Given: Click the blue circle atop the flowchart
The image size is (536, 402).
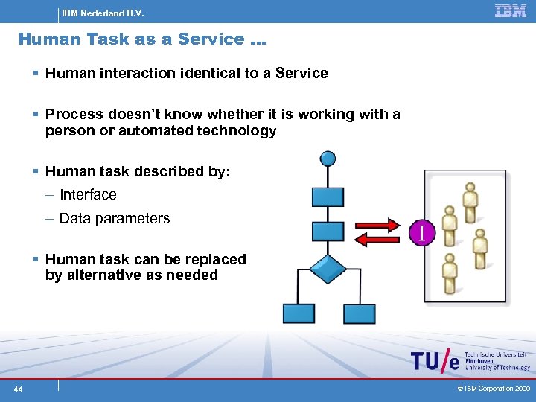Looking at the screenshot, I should [327, 159].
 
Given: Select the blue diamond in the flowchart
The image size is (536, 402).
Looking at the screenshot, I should [328, 269].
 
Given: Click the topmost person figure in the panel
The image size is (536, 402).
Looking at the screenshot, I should [470, 199].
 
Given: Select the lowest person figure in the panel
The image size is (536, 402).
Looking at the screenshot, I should [449, 271].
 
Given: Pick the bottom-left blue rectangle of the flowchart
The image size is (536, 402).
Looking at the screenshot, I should [298, 313].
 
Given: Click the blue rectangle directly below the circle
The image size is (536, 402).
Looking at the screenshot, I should [328, 197].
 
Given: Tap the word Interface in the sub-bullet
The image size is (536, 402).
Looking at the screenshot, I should [88, 195].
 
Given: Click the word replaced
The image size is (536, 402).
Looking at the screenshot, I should [216, 259].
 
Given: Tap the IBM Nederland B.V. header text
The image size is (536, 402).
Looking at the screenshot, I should [103, 13].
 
